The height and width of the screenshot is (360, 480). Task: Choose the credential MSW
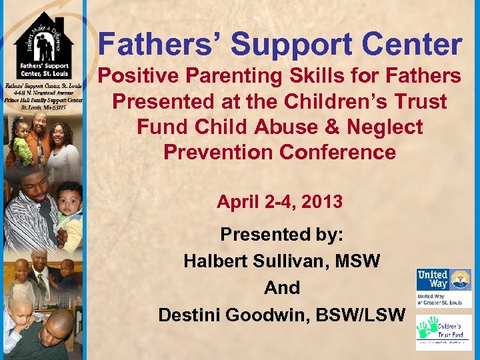[x=358, y=261]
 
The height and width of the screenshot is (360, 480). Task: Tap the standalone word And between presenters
[x=282, y=287]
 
